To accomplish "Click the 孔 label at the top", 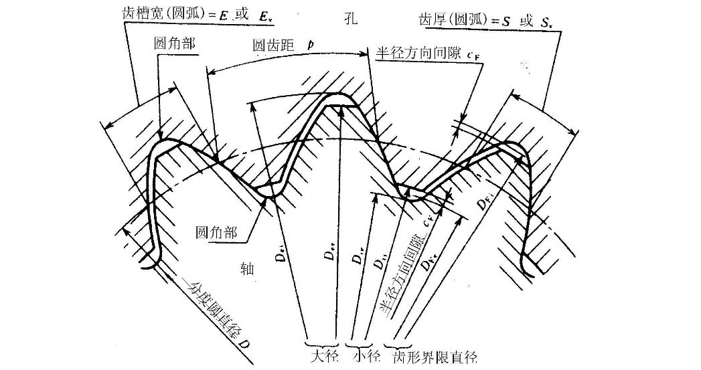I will point(351,18).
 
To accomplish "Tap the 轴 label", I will point(247,267).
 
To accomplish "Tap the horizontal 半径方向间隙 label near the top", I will point(417,53).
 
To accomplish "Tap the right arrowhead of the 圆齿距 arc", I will point(367,55).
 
